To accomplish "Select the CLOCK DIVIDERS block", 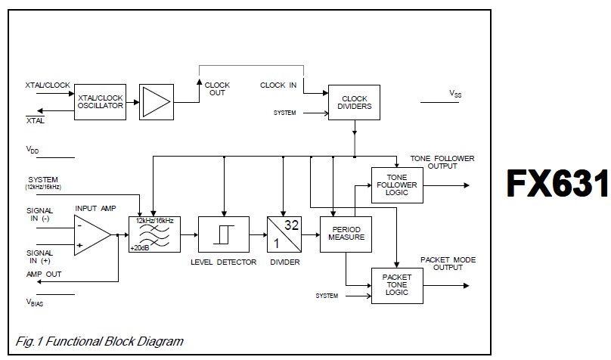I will coord(355,103).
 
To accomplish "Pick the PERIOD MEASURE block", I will coord(346,232).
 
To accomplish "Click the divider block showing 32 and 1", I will coord(284,232).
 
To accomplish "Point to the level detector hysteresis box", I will coord(223,232).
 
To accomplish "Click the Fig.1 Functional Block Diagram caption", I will coord(98,342).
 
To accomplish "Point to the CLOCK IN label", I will coord(278,85).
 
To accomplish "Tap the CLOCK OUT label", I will coord(217,89).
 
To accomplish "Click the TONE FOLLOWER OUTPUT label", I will coord(442,162).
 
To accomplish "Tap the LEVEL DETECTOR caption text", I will coord(223,261).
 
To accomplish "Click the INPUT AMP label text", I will coord(96,208).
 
